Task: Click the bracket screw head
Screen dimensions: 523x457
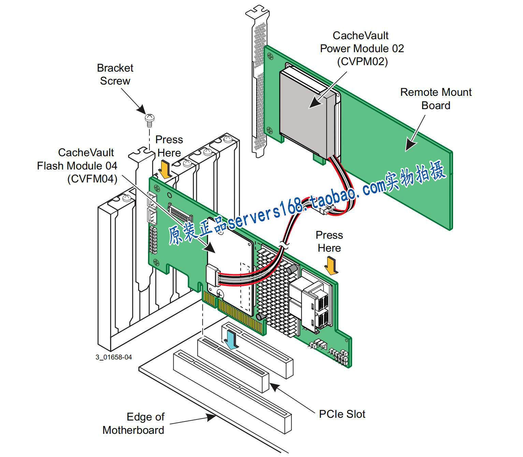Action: (149, 118)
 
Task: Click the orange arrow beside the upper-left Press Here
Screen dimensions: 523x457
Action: (165, 171)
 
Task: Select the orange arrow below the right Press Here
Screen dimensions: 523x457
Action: (331, 266)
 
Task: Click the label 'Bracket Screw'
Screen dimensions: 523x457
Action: (115, 74)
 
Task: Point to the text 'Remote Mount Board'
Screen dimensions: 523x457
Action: (436, 99)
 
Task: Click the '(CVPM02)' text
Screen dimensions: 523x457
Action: (362, 62)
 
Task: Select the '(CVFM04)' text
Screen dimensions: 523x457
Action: (92, 179)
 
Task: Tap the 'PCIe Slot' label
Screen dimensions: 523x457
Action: (342, 414)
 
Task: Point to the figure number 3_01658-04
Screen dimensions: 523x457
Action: (114, 357)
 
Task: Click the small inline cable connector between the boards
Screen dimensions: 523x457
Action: (326, 210)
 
